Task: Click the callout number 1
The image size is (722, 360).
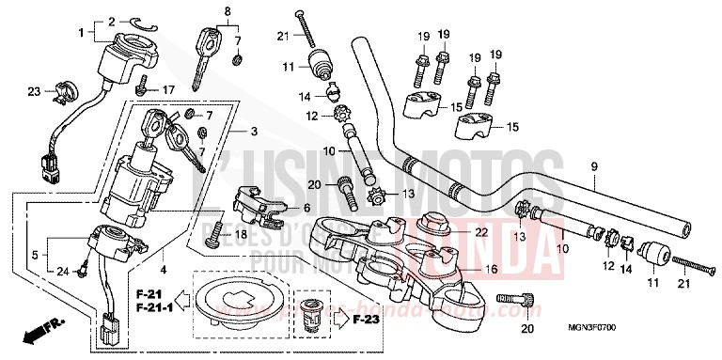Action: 81,33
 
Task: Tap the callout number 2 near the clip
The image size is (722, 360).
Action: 111,21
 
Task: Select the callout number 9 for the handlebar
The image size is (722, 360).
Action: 594,167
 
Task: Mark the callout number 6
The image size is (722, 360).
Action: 306,207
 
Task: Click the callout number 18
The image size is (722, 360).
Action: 241,233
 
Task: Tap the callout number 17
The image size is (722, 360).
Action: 170,89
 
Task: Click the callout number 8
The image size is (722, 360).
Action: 226,11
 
